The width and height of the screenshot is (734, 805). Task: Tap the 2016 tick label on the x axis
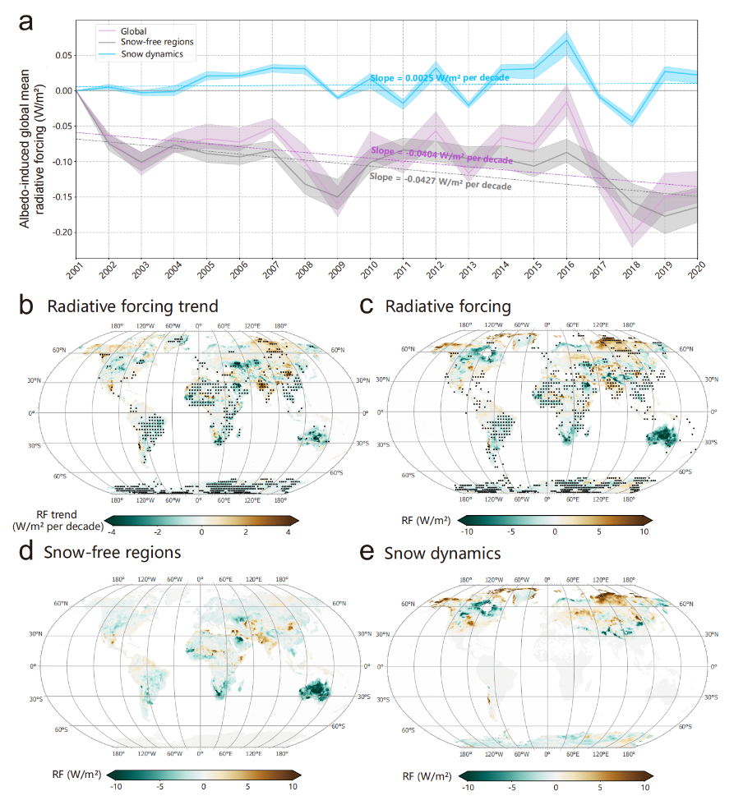(x=565, y=269)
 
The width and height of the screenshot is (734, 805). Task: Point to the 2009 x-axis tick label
(x=335, y=269)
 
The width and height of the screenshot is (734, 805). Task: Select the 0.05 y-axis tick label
(x=62, y=55)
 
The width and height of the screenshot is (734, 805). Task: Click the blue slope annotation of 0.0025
(x=439, y=77)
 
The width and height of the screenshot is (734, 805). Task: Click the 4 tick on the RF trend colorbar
(x=289, y=533)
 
